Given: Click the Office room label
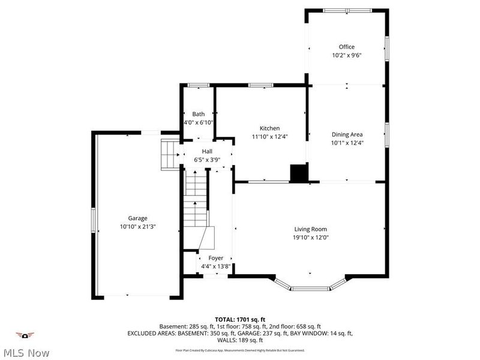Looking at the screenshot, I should pos(346,47).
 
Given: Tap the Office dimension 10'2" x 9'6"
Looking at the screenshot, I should pos(346,55).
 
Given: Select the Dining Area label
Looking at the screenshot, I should pos(347,134).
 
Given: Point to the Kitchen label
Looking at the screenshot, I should pos(269,128).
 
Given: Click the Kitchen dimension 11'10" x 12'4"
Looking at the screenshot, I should pos(269,137).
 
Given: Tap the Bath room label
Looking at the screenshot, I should pos(198,114).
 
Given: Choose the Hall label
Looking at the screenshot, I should pos(207,151).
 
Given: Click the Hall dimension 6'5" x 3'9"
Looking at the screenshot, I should pos(207,160).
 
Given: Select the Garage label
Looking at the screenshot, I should pos(137,218).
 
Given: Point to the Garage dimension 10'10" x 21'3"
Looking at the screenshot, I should pos(137,227).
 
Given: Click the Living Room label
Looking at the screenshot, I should pos(310,229).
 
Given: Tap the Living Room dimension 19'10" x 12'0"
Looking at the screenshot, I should pos(310,237).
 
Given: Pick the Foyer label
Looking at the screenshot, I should pos(215,258).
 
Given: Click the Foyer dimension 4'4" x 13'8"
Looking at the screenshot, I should pos(214,266).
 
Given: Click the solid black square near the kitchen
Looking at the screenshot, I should pos(298,173).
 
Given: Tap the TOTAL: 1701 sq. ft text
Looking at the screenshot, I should pos(240,319).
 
